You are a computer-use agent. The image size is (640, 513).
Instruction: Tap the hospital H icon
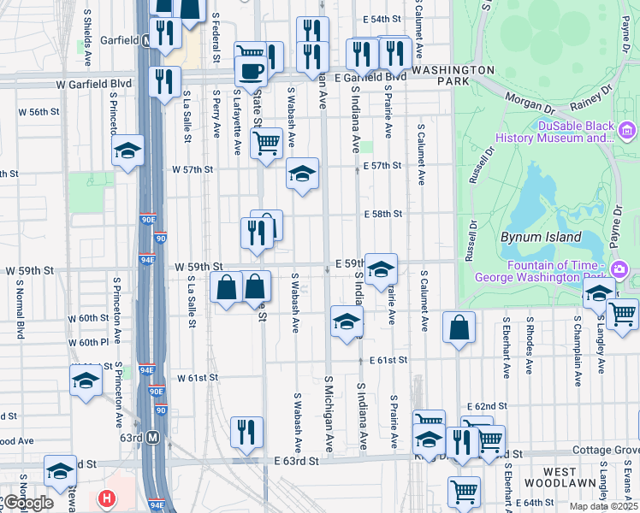coord(106,498)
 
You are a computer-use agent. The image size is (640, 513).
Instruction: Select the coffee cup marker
coord(251,71)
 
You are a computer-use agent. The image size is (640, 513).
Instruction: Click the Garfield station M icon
coord(148,40)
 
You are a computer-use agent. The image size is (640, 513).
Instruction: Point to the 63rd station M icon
coord(153,438)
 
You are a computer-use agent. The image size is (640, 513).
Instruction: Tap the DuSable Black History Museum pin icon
coord(626,130)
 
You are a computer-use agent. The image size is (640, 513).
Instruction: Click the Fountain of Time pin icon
coord(619,270)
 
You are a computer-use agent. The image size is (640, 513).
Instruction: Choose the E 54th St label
coord(382,19)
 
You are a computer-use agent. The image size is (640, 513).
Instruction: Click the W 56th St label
coord(39,112)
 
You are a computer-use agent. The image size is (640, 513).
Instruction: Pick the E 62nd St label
coord(487,405)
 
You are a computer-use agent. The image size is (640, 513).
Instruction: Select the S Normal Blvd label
coord(19,307)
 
